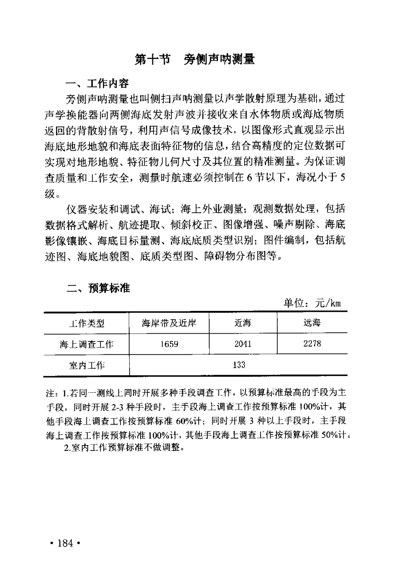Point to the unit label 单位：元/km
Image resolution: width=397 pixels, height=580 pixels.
[x=312, y=303]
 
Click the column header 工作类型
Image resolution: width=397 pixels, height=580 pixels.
[x=86, y=323]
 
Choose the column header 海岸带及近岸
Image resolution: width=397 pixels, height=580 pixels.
[x=169, y=323]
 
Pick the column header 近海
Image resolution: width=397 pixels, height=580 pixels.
[x=243, y=323]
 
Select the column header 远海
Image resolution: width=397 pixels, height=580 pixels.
[x=312, y=323]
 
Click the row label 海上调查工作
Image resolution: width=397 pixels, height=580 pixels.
[x=86, y=345]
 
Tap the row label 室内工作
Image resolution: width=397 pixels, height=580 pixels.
[x=86, y=365]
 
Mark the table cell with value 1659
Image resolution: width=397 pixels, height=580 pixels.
[x=169, y=345]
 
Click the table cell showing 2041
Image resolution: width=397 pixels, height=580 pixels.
[x=243, y=345]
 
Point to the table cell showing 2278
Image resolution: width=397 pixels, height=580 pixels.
[x=312, y=345]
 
